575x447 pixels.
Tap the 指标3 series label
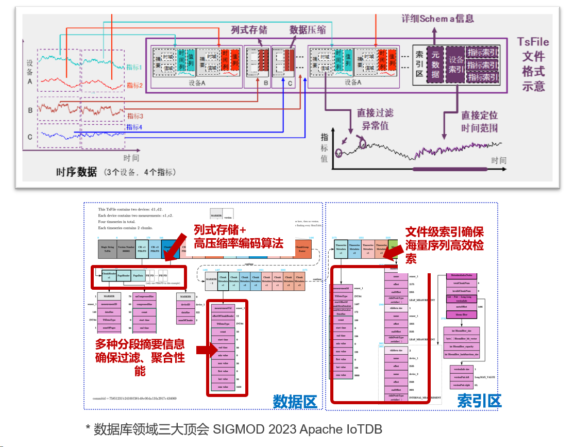click(x=135, y=116)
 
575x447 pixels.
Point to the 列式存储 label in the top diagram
click(x=249, y=29)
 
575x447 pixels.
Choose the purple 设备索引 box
click(x=456, y=64)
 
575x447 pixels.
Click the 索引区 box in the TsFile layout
click(x=419, y=64)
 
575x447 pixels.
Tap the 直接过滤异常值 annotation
click(x=376, y=119)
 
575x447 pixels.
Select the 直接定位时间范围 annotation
click(x=479, y=122)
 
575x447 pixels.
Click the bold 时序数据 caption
click(x=76, y=172)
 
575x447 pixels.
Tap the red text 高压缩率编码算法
click(x=239, y=243)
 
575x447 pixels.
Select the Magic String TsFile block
click(x=107, y=248)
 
